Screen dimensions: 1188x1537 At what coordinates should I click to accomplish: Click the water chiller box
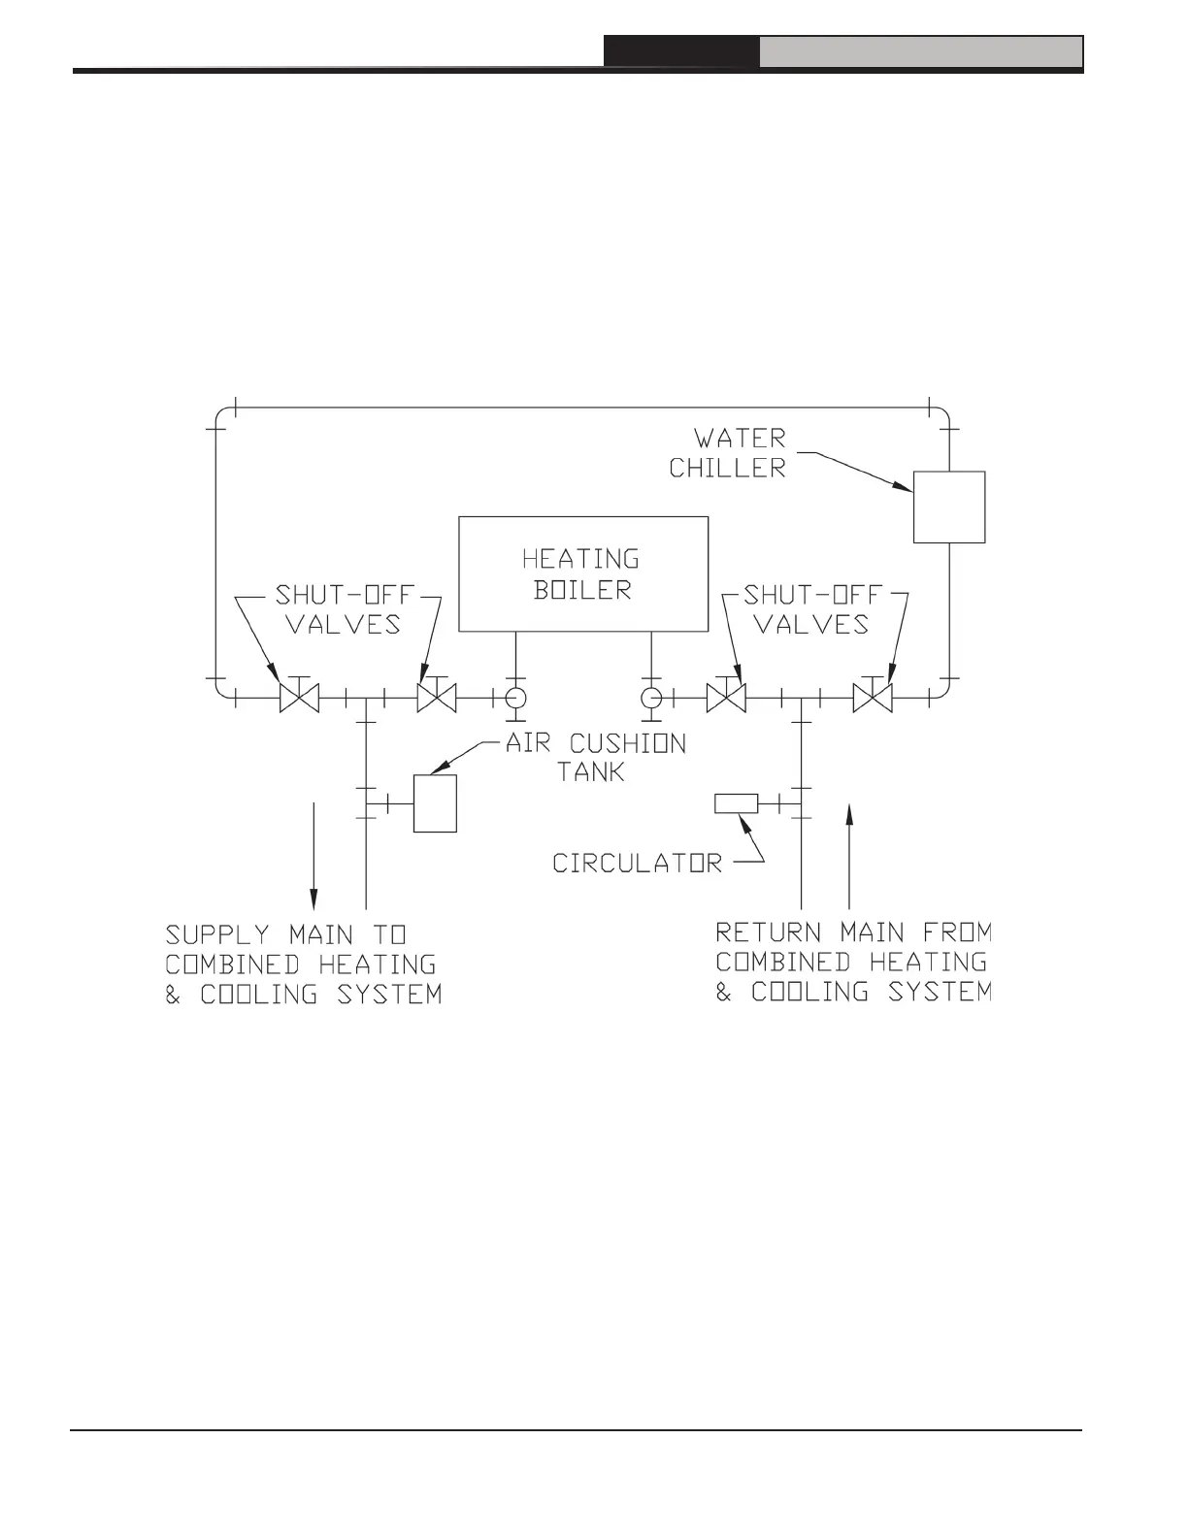(x=949, y=507)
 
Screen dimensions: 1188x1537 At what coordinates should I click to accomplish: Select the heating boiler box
(x=582, y=573)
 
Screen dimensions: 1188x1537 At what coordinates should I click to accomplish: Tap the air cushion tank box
(x=435, y=802)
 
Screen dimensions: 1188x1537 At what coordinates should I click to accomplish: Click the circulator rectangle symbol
(x=736, y=803)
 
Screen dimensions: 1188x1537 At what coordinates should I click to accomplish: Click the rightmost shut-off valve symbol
(x=873, y=697)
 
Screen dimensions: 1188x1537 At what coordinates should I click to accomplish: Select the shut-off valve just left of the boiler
(x=436, y=697)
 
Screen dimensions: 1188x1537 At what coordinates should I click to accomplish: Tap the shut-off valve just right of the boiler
(x=726, y=697)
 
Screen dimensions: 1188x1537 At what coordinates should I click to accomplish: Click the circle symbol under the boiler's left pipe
(x=514, y=697)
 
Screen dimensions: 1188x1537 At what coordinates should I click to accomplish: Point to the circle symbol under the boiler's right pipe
(x=651, y=697)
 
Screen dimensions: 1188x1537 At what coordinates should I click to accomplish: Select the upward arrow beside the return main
(x=849, y=854)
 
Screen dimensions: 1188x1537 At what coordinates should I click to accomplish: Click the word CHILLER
(x=727, y=468)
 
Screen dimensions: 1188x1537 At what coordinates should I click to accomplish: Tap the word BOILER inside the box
(x=582, y=589)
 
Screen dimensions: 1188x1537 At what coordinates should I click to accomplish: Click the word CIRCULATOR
(x=638, y=863)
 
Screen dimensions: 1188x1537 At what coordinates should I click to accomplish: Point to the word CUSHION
(x=627, y=744)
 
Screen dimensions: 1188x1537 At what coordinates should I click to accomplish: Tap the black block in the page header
(x=681, y=52)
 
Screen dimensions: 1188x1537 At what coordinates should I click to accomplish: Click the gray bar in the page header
(x=920, y=52)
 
